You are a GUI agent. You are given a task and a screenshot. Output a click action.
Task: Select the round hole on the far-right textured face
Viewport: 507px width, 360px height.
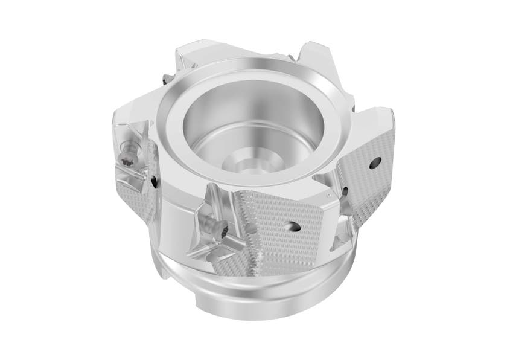click(376, 161)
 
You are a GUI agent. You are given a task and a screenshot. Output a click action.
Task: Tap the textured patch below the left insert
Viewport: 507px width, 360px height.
click(138, 199)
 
